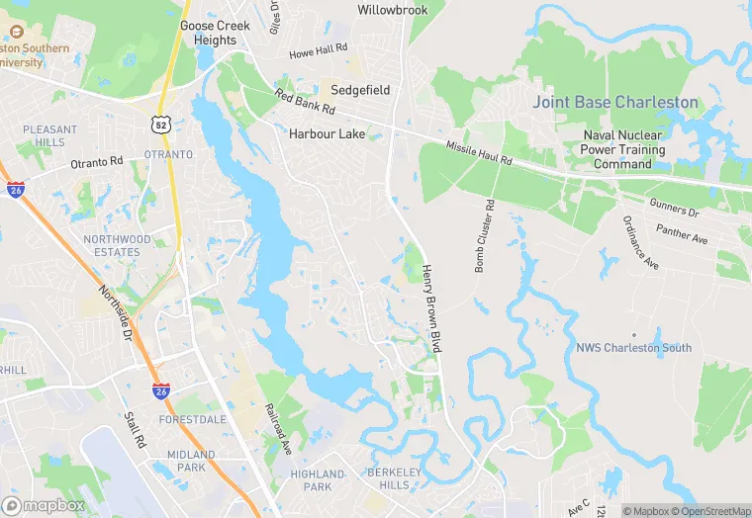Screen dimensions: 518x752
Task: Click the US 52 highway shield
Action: point(159,124)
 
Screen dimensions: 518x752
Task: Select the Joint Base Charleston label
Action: point(615,103)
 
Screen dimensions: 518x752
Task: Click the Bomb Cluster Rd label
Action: point(484,236)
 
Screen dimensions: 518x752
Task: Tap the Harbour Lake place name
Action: point(327,133)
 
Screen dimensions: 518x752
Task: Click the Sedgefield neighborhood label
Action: point(360,90)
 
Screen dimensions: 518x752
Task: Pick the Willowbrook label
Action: point(393,10)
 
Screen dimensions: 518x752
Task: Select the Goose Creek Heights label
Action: point(209,33)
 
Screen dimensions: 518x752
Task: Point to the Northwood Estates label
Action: point(118,246)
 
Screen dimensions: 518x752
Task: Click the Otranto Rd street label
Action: point(96,162)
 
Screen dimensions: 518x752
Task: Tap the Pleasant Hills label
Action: point(49,135)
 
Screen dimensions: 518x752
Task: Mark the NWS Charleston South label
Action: point(634,348)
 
